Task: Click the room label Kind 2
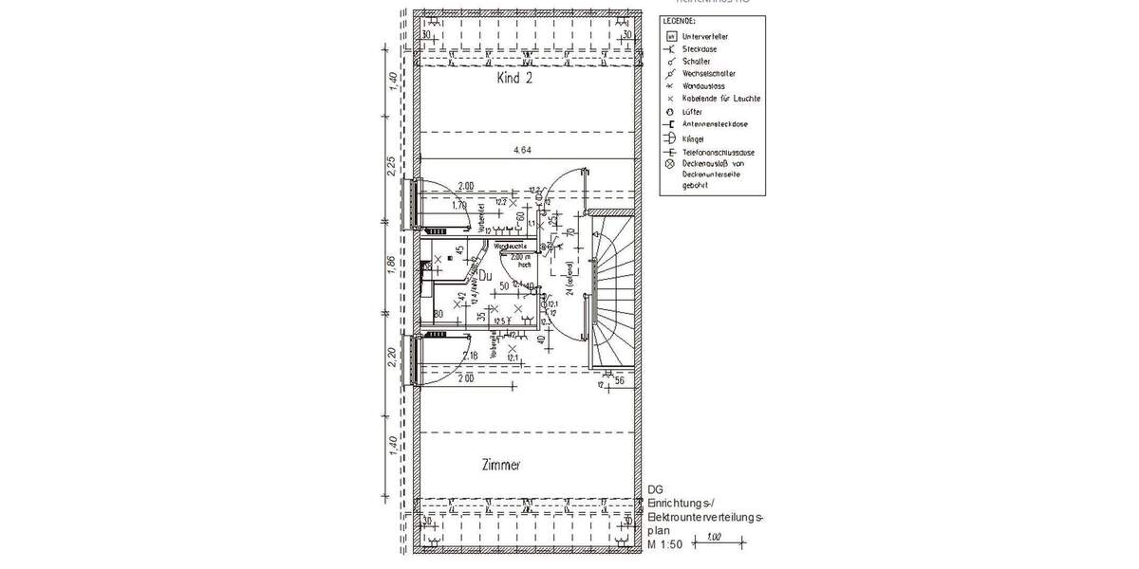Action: click(514, 80)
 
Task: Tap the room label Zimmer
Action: click(500, 465)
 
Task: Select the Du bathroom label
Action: click(483, 276)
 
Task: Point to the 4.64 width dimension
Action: click(521, 150)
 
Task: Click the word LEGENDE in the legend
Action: click(680, 20)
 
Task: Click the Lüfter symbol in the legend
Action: click(670, 112)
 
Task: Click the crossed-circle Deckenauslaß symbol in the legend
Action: click(670, 163)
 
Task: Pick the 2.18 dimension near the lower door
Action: click(470, 356)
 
